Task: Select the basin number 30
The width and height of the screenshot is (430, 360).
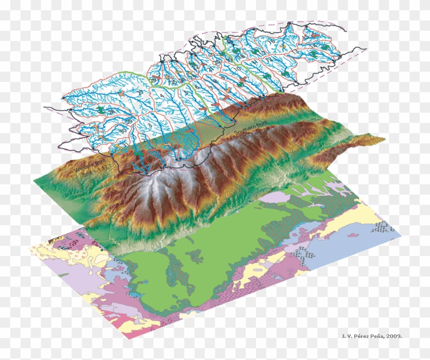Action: click(121, 130)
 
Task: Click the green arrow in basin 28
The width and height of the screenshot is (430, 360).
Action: click(102, 109)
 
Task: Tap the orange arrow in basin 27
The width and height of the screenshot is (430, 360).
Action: click(120, 94)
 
